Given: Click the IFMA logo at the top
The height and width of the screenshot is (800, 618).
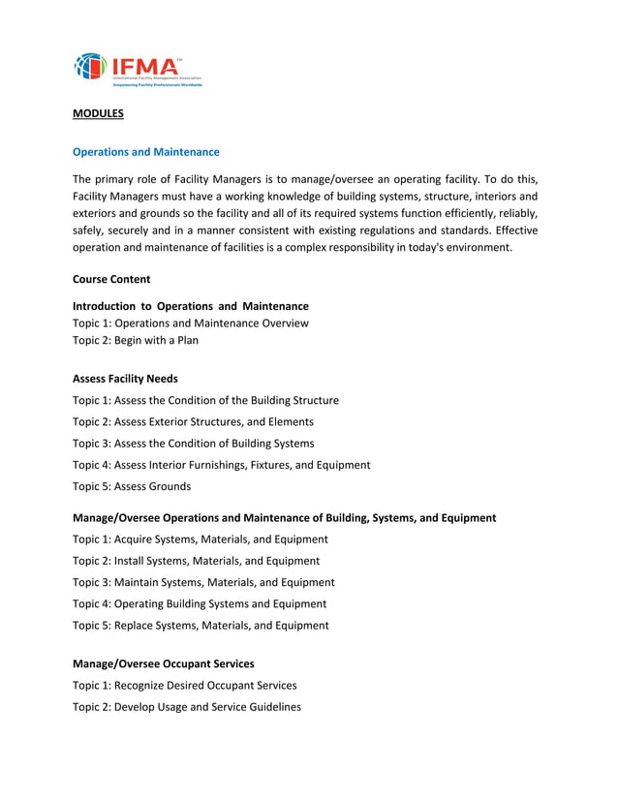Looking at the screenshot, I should coord(139,69).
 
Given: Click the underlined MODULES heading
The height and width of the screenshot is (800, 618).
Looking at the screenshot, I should coord(98,113).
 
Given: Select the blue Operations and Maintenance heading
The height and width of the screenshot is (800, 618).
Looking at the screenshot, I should coord(146,152).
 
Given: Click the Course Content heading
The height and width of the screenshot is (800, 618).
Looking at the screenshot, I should coord(111,279).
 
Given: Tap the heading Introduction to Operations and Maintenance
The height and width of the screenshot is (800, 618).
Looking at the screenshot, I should coord(191,306).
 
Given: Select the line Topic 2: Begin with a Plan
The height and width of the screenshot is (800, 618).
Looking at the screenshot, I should coord(136,341).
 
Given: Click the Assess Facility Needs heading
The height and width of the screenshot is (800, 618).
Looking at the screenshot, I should coord(125,379).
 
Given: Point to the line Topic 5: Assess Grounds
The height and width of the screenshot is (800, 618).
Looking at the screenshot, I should coord(132,486).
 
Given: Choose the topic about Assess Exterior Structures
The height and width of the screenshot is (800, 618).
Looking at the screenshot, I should coord(193,421).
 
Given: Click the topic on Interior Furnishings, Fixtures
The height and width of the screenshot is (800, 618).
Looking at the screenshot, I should coord(221,465).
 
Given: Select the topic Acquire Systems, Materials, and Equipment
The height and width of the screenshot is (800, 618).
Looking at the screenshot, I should coord(201,539).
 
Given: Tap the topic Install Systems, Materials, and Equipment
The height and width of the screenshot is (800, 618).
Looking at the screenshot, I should coord(196,561).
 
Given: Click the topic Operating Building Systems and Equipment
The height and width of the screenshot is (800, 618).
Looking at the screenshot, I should coord(200,603).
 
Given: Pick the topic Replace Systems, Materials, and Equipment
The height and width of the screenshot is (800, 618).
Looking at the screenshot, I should coord(201,626).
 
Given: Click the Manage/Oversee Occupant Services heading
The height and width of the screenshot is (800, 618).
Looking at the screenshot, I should coord(164,663).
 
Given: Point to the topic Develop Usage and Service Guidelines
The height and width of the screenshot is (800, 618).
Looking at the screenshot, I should coord(187,707).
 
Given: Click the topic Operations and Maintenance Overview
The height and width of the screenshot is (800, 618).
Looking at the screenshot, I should coord(191,323).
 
